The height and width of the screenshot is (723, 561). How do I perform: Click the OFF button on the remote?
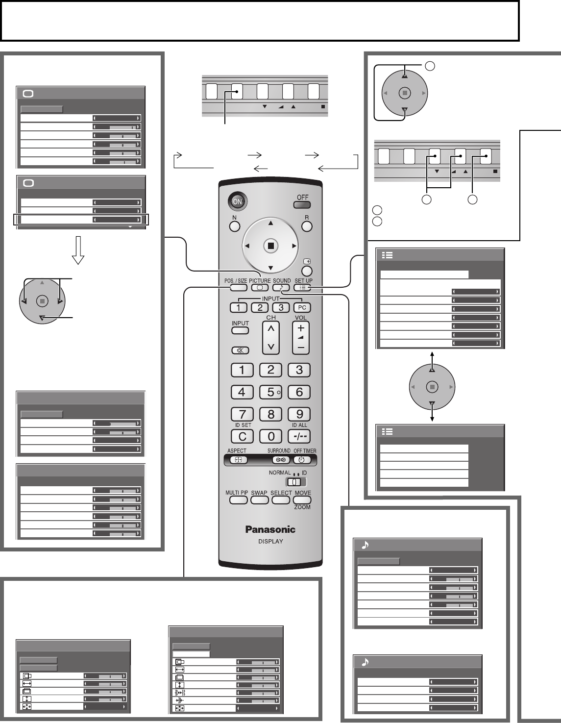[x=303, y=205]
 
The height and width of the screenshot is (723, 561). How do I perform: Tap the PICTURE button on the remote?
[x=260, y=288]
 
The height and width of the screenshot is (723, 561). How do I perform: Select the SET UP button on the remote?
[x=303, y=288]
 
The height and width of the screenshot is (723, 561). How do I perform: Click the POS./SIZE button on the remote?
[x=238, y=288]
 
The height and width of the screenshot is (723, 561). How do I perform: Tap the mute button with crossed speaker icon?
[x=240, y=350]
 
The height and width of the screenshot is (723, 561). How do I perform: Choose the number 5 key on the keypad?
[x=270, y=392]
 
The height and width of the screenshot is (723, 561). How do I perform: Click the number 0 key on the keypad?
[x=270, y=436]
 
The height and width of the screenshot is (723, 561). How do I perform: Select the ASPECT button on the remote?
[x=238, y=460]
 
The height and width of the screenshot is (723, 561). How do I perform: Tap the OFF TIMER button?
[x=301, y=460]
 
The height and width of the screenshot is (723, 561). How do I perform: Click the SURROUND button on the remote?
[x=281, y=460]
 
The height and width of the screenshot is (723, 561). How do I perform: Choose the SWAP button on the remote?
[x=259, y=500]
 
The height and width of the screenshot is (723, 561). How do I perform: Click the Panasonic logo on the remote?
[x=270, y=529]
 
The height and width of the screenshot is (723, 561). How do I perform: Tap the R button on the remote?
[x=307, y=226]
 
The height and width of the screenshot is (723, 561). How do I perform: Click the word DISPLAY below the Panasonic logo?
[x=270, y=541]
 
